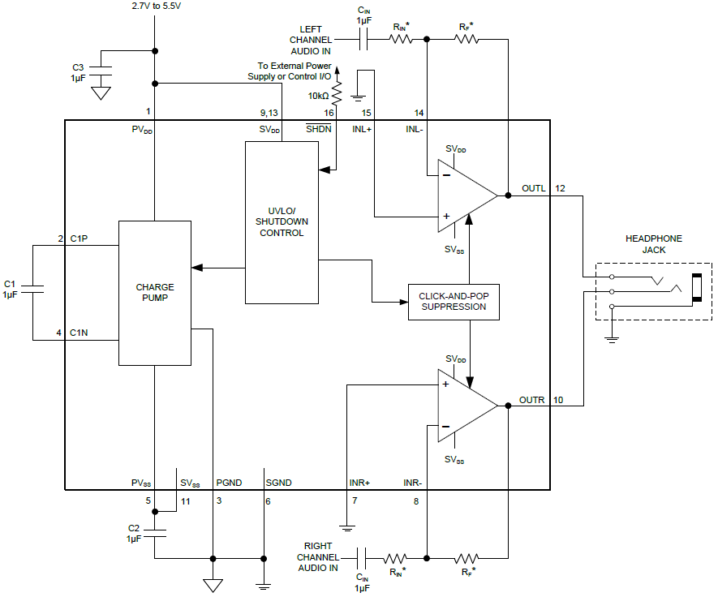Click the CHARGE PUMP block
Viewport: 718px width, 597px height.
(155, 293)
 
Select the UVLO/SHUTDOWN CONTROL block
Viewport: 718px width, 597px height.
(282, 222)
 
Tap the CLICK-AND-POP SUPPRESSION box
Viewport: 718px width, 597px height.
(454, 301)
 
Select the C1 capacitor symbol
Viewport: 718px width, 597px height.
(32, 289)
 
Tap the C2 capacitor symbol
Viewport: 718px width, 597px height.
(154, 532)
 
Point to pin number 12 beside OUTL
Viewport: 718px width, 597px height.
(561, 189)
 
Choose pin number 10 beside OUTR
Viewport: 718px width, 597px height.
(557, 400)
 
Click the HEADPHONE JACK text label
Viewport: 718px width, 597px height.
(653, 244)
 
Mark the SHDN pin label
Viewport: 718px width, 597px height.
(317, 129)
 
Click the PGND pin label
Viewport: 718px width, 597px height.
(229, 483)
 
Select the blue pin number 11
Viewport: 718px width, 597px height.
(186, 501)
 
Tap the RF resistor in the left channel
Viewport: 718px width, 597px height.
(467, 38)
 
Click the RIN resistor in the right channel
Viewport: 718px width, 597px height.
(396, 558)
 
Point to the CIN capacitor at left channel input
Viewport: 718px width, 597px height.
(364, 37)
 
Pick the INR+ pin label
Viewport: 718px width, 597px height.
(359, 483)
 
